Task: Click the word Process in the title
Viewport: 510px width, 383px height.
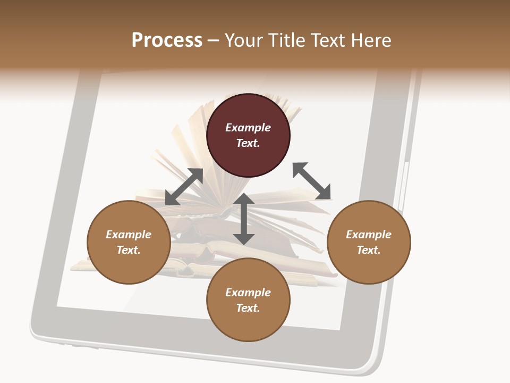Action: click(x=167, y=40)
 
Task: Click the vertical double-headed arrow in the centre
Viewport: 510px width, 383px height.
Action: click(x=244, y=219)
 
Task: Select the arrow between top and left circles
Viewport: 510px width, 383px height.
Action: click(x=184, y=187)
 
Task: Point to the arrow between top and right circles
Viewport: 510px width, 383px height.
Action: click(x=312, y=181)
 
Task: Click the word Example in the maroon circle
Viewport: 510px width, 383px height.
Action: click(x=248, y=128)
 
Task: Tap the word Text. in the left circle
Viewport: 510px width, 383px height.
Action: click(x=129, y=250)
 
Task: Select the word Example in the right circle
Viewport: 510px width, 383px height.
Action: click(x=369, y=235)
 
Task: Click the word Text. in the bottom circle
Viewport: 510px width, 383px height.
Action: click(x=248, y=308)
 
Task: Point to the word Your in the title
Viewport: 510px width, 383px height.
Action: click(x=243, y=40)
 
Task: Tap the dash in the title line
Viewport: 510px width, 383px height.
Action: click(x=214, y=41)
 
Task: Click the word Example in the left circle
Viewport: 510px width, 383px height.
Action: click(x=129, y=235)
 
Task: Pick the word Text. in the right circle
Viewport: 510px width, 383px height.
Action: click(x=369, y=250)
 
